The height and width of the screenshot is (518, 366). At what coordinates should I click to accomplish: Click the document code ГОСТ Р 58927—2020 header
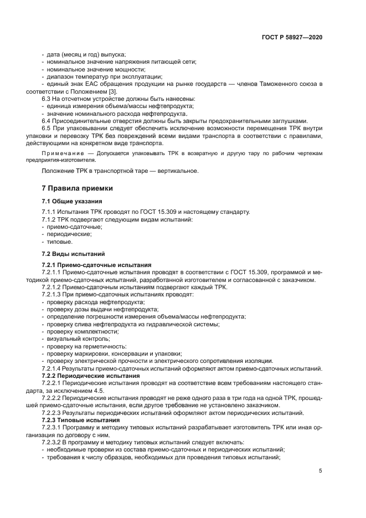click(x=292, y=37)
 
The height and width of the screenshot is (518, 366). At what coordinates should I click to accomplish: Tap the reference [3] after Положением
click(x=112, y=90)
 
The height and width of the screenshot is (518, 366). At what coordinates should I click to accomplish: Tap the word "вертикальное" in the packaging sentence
click(x=178, y=171)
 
